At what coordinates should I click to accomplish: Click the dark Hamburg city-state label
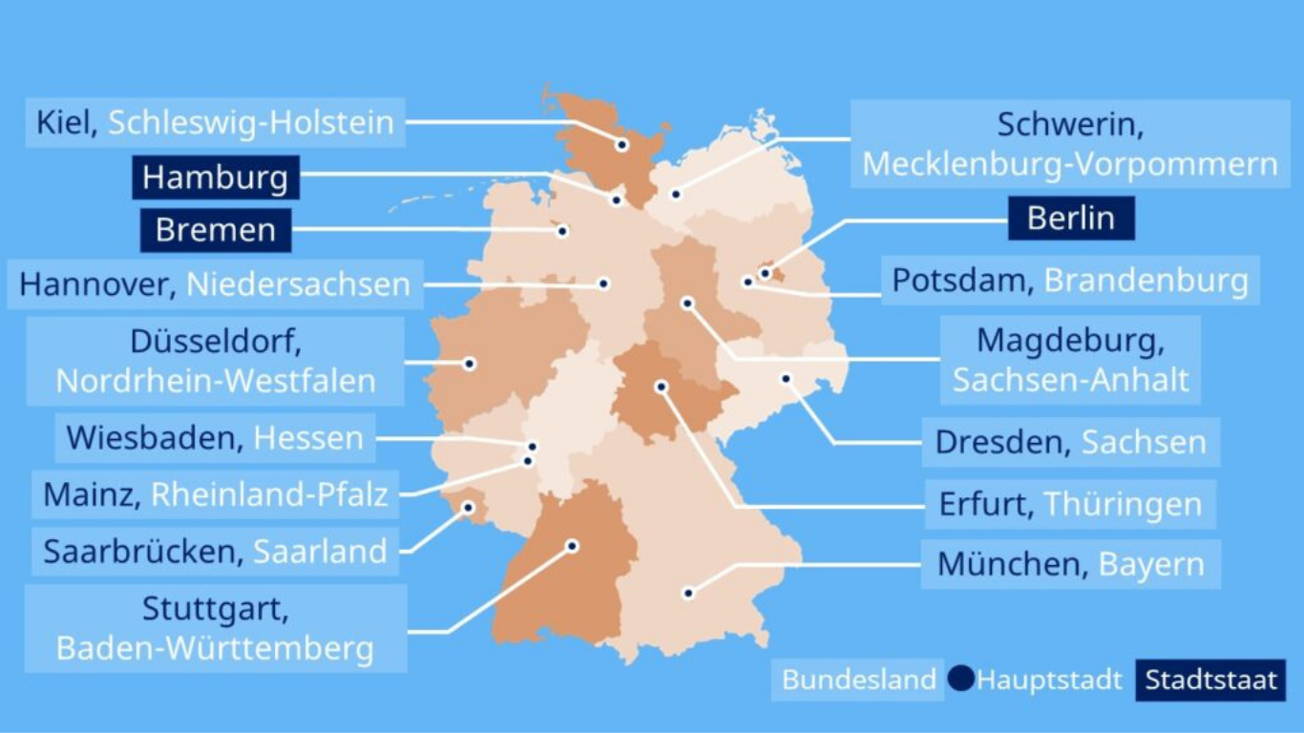pyautogui.click(x=215, y=178)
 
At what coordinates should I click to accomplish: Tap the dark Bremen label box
pyautogui.click(x=215, y=230)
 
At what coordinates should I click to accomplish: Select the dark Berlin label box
pyautogui.click(x=1070, y=218)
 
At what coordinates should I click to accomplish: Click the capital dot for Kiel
pyautogui.click(x=621, y=145)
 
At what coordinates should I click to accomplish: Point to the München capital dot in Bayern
pyautogui.click(x=687, y=593)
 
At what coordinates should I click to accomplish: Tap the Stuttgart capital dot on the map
pyautogui.click(x=572, y=546)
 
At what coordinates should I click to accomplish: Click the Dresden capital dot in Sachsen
pyautogui.click(x=786, y=379)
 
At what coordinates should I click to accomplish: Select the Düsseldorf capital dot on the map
pyautogui.click(x=470, y=364)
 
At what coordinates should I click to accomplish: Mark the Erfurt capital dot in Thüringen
pyautogui.click(x=661, y=387)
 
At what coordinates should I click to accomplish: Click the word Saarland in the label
pyautogui.click(x=320, y=552)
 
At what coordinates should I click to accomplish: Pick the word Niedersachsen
pyautogui.click(x=298, y=284)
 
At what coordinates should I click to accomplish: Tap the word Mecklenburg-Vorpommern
pyautogui.click(x=1069, y=164)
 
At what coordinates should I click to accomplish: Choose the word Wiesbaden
pyautogui.click(x=152, y=438)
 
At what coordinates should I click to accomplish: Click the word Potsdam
pyautogui.click(x=962, y=281)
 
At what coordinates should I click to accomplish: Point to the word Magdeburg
pyautogui.click(x=1070, y=340)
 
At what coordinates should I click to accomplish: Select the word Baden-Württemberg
pyautogui.click(x=215, y=649)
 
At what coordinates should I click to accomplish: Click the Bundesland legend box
pyautogui.click(x=858, y=680)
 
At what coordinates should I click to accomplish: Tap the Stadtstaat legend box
pyautogui.click(x=1210, y=681)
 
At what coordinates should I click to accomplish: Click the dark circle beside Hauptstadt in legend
pyautogui.click(x=961, y=680)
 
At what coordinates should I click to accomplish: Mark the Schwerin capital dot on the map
pyautogui.click(x=676, y=194)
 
